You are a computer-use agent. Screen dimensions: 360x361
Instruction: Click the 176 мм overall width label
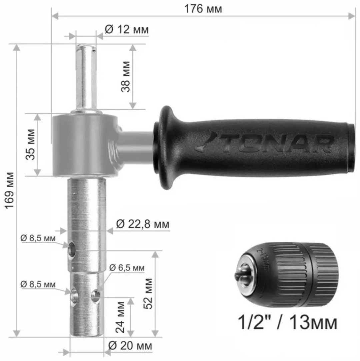point(203,9)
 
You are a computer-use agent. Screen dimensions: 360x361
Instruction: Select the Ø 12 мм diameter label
point(127,29)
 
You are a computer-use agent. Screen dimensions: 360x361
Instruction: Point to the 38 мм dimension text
point(125,76)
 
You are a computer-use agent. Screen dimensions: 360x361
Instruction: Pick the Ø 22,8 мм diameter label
point(143,224)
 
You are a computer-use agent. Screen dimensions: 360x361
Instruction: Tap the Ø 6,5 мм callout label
point(127,268)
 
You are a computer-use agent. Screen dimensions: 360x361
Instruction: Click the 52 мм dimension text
point(148,294)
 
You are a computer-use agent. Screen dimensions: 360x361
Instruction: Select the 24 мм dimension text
point(120,317)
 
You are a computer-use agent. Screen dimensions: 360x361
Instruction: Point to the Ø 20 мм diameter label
point(130,346)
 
